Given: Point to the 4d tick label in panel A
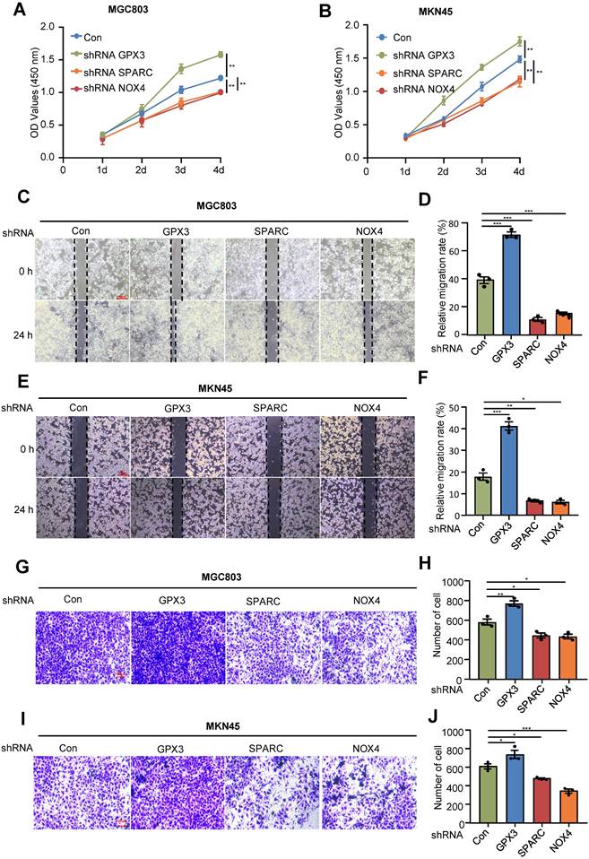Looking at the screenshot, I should coord(220,168).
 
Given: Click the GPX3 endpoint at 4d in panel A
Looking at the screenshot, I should coord(220,55).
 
